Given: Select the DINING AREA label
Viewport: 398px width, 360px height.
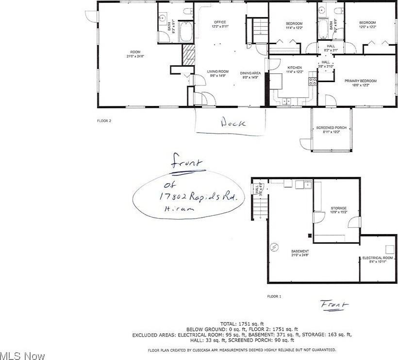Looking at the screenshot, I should point(250,73).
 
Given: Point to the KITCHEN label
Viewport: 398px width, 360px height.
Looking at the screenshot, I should point(295,68).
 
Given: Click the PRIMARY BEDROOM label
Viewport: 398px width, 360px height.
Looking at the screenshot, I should point(361,81).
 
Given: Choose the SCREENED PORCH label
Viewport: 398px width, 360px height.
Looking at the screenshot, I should point(332,128).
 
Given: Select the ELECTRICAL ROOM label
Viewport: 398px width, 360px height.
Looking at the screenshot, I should point(378,257).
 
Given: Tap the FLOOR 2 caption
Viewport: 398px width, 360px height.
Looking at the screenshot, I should point(104,120).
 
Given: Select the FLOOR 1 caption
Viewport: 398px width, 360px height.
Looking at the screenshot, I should point(274,296).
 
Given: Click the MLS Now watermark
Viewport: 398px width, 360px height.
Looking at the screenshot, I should point(23,356).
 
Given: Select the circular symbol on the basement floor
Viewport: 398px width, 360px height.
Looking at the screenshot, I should point(275,246).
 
